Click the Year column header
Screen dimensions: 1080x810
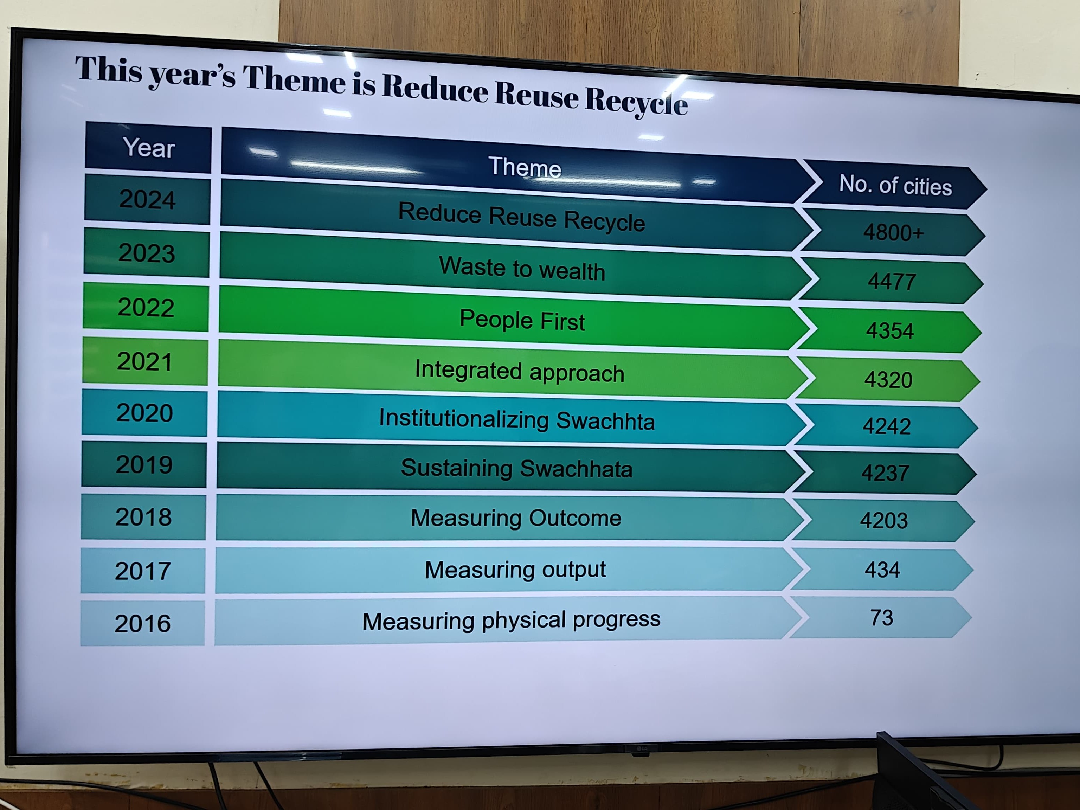(148, 147)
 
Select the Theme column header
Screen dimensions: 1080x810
(525, 167)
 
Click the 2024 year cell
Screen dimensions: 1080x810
(147, 200)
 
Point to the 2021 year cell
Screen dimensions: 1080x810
(145, 362)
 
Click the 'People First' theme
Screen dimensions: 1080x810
(522, 320)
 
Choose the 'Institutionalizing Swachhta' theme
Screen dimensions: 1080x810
(516, 420)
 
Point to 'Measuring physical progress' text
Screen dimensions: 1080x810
(511, 621)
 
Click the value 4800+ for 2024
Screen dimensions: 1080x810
(893, 232)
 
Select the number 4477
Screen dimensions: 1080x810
(892, 282)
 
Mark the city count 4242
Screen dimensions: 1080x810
(887, 426)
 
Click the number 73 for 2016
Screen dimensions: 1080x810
(881, 618)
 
